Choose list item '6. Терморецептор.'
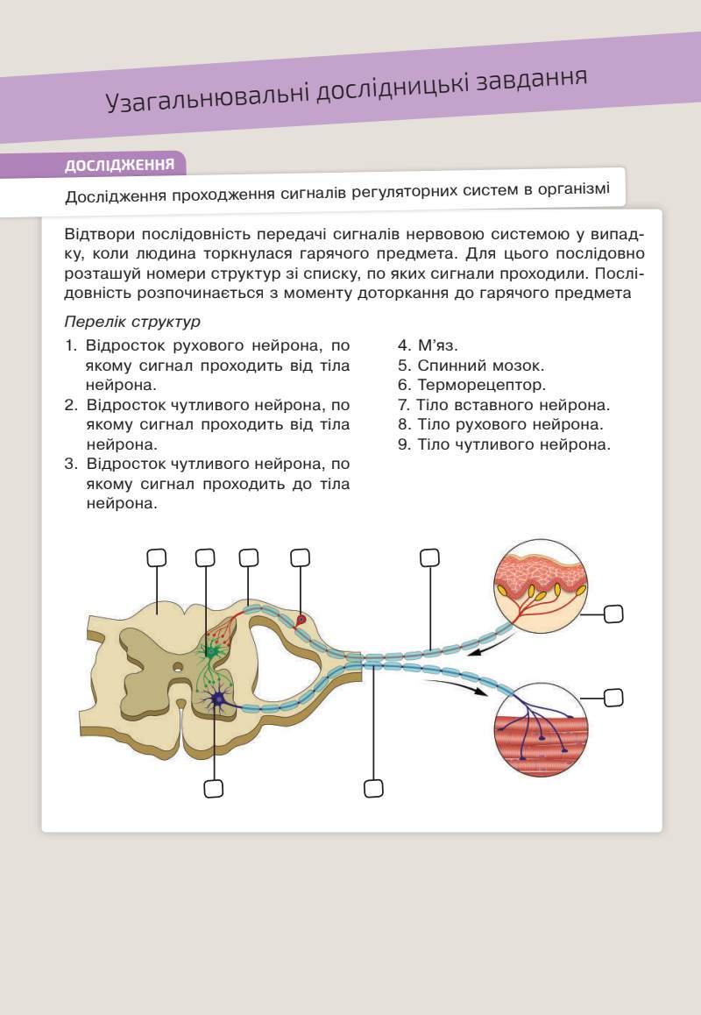[x=471, y=385]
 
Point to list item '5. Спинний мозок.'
[x=471, y=366]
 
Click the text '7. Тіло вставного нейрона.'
[x=504, y=405]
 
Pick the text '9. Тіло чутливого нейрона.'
[x=504, y=444]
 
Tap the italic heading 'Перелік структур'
[x=132, y=322]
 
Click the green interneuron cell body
[x=210, y=651]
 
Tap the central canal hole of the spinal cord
[x=178, y=668]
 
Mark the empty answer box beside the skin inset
[x=613, y=614]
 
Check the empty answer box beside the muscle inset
[x=613, y=698]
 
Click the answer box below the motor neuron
[x=213, y=789]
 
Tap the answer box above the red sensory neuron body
[x=300, y=557]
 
